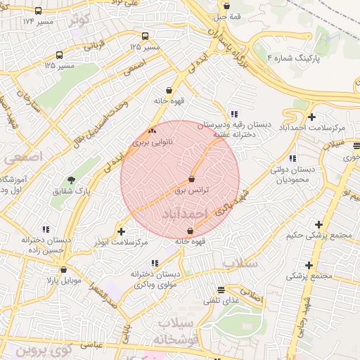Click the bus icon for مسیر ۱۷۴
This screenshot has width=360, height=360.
pos(38,11)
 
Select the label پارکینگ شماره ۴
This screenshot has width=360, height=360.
pos(302,57)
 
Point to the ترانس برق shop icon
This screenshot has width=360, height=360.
pos(192,179)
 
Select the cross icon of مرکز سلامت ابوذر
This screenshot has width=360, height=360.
pos(121,231)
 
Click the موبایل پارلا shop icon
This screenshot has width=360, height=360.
pos(63,269)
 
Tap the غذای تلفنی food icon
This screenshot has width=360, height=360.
pos(221,290)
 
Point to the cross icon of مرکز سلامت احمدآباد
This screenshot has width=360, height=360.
pos(311,116)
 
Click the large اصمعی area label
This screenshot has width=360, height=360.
pos(22,156)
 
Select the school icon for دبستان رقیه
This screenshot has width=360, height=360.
pos(233,114)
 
